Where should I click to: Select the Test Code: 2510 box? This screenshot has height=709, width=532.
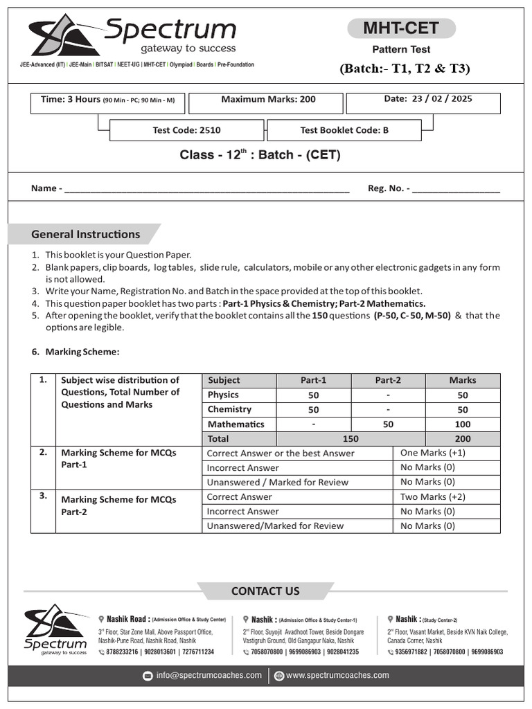[x=186, y=130]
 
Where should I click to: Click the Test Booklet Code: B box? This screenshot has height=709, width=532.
[x=344, y=130]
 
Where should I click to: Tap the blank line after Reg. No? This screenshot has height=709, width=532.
[x=455, y=189]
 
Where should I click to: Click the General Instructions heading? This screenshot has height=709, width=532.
[x=85, y=234]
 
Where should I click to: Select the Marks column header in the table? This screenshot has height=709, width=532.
[x=462, y=380]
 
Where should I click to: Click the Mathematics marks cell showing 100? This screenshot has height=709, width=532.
[x=462, y=424]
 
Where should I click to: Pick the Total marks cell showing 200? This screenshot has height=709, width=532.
[x=462, y=438]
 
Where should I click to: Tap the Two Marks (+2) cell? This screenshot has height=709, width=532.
[x=429, y=496]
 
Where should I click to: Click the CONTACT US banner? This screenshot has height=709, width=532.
[x=265, y=591]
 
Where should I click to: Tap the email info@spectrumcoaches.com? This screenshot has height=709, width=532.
[x=209, y=675]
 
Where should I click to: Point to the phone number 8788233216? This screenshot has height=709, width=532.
[x=117, y=652]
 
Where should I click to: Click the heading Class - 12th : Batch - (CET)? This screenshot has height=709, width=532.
[x=260, y=155]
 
